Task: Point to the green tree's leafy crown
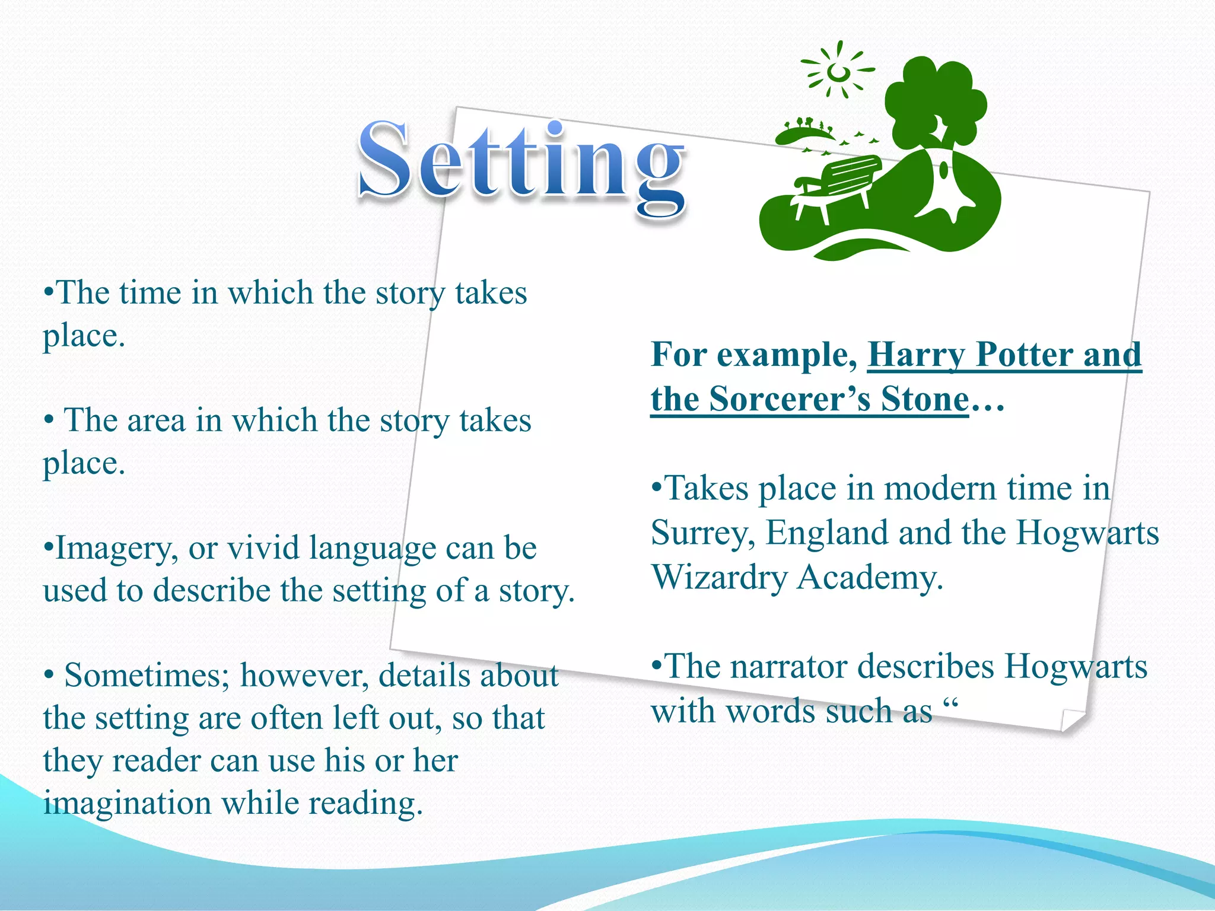click(934, 101)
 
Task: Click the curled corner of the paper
click(1073, 721)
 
